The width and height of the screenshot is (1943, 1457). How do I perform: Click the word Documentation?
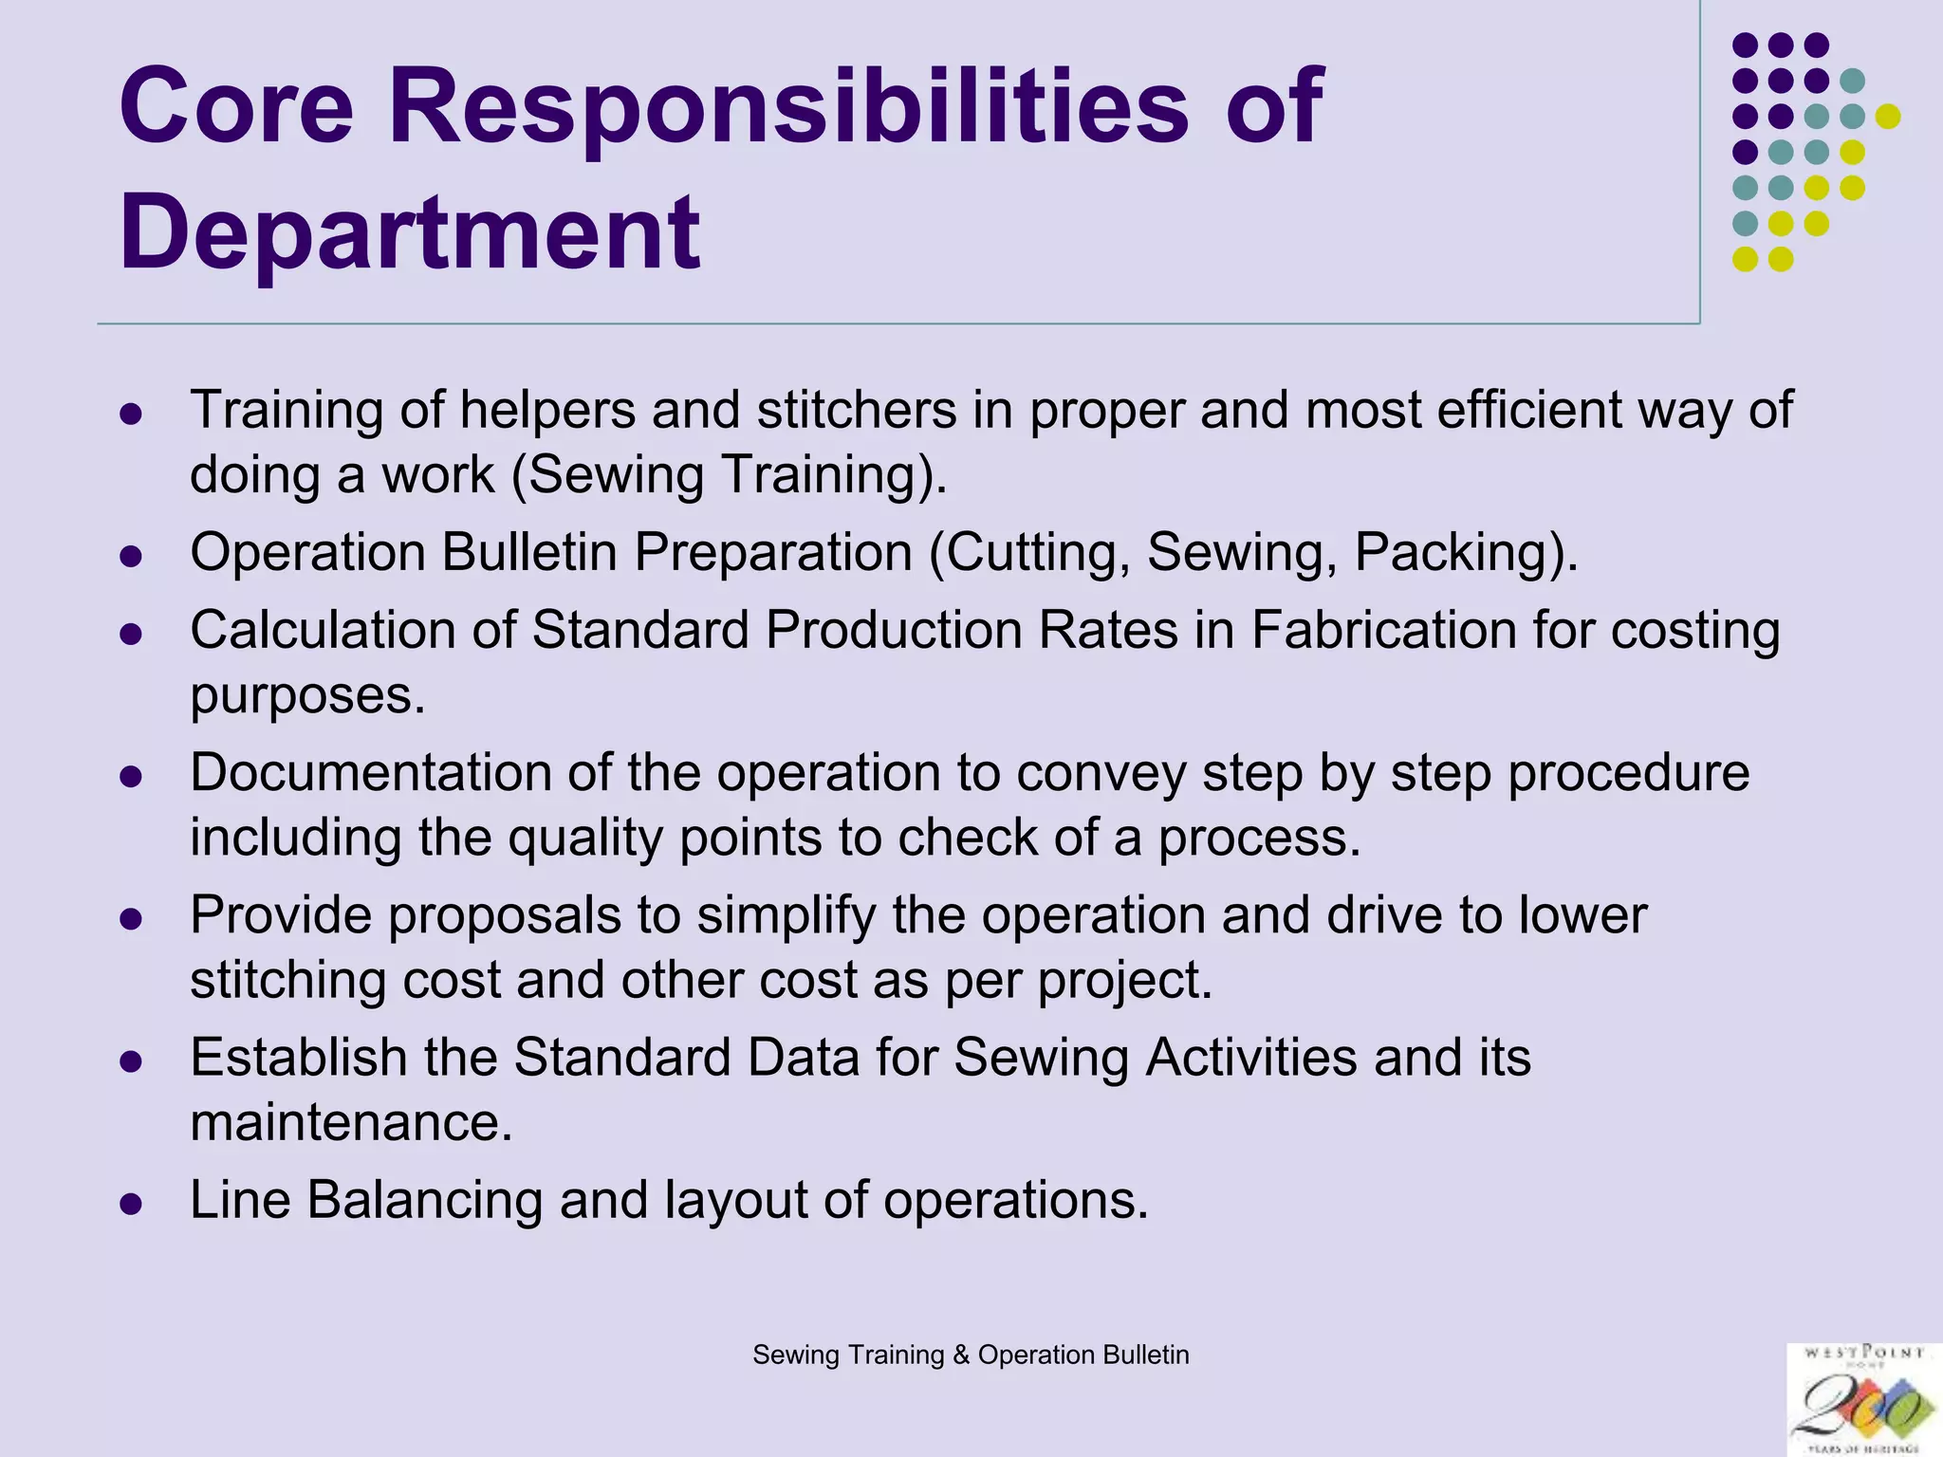[x=371, y=772]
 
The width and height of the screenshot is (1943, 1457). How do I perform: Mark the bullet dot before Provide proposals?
[x=131, y=919]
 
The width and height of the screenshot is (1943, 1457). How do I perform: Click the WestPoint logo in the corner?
[x=1863, y=1399]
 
